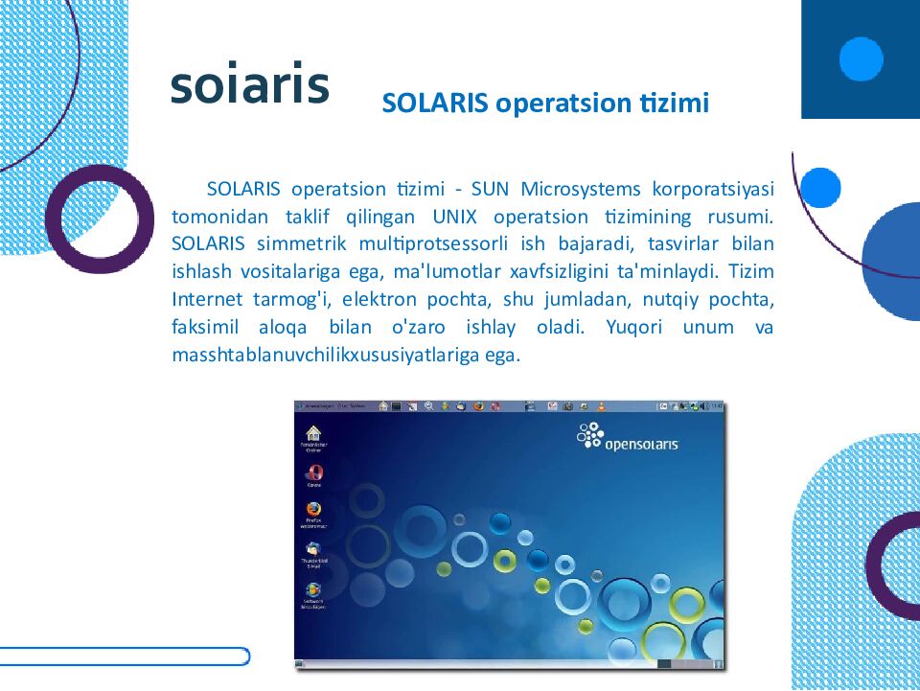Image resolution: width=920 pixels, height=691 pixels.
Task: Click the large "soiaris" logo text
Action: [x=250, y=84]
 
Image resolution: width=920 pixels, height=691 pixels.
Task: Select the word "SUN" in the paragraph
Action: [x=491, y=188]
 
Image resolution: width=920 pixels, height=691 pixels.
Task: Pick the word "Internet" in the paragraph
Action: [x=202, y=299]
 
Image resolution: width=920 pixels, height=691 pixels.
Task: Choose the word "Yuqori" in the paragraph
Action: [x=633, y=327]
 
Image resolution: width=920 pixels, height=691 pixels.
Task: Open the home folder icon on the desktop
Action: [x=312, y=433]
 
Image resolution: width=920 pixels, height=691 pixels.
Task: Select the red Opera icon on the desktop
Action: [x=312, y=472]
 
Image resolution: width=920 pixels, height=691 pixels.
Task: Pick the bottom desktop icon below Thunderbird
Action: [x=312, y=590]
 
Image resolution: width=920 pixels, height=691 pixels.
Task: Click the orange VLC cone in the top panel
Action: [x=601, y=406]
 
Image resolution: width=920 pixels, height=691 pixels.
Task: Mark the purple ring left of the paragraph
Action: [x=99, y=219]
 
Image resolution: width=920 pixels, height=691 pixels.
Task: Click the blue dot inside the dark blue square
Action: [x=861, y=59]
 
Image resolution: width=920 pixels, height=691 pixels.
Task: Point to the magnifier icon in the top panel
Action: [x=429, y=406]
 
